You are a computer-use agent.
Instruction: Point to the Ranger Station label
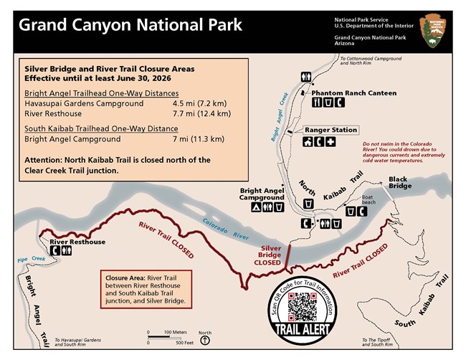click(x=331, y=130)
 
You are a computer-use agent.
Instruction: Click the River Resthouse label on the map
click(x=77, y=242)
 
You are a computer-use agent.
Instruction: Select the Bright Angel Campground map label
click(x=262, y=194)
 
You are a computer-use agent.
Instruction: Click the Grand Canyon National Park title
click(x=130, y=25)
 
